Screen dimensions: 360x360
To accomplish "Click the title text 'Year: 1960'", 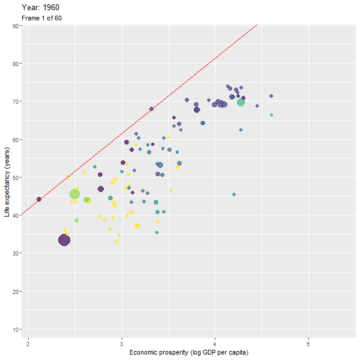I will (x=40, y=7).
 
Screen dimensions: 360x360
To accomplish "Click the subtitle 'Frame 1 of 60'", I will (x=41, y=18).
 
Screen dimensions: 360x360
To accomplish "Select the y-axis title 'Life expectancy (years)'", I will (x=7, y=180).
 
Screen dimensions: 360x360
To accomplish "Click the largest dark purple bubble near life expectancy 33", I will (x=64, y=240).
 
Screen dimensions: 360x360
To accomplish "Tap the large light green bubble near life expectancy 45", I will (x=74, y=194).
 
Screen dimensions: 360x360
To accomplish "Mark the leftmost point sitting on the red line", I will (x=39, y=199).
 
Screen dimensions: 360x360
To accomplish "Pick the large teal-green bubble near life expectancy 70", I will (x=241, y=103).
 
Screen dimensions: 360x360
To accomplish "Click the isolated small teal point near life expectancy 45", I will (x=234, y=194).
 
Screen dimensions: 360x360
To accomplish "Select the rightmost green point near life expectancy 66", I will (x=271, y=115).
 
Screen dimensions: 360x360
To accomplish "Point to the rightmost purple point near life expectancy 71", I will (x=271, y=96).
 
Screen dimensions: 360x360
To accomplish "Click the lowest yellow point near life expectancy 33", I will (x=116, y=241).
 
